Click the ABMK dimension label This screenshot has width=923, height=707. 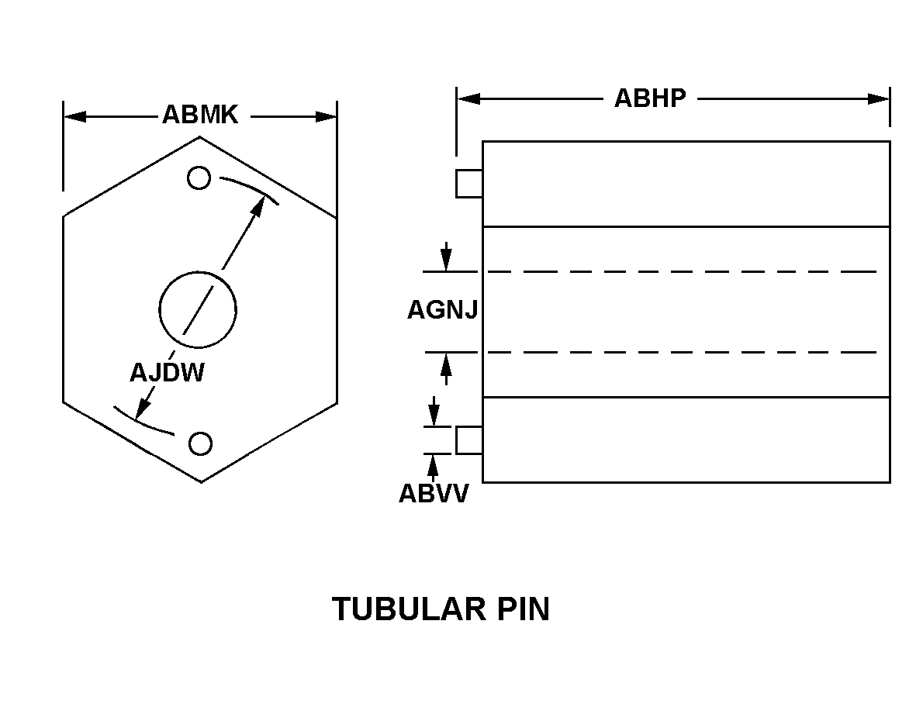[199, 116]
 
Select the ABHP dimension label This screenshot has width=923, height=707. [650, 98]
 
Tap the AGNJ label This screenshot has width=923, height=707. [442, 311]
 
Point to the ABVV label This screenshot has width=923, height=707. [434, 494]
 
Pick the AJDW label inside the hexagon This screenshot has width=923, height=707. [167, 373]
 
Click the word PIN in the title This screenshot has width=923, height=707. [522, 609]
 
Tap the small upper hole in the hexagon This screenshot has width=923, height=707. [199, 178]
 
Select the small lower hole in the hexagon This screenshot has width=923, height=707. [200, 443]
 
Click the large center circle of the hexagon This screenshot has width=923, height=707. [198, 310]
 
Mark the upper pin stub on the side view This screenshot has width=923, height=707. [469, 184]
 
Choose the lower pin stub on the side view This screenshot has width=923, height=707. [469, 440]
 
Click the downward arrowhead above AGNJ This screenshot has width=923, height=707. [447, 263]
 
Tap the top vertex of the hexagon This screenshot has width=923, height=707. [200, 136]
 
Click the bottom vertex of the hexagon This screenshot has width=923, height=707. [201, 482]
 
